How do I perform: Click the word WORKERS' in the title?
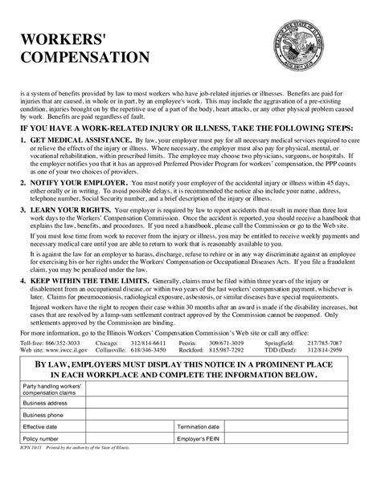coord(59,39)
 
